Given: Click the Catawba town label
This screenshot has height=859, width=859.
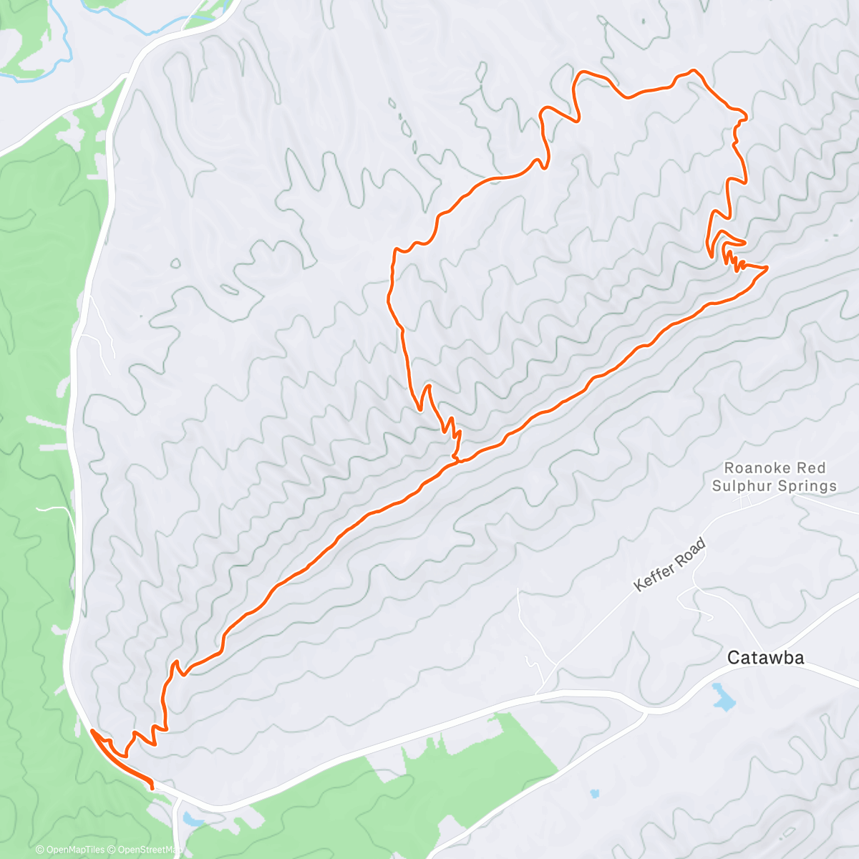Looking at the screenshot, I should point(765,657).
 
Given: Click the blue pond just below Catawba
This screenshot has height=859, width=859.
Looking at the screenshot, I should point(724,697).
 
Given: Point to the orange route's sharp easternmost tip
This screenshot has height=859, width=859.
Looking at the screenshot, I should point(767,268).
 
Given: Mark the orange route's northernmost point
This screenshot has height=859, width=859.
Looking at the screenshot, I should point(692,70).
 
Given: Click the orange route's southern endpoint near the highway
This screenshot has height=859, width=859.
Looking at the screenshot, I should point(152,788).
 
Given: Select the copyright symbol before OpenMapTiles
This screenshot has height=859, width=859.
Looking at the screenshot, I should point(40,850).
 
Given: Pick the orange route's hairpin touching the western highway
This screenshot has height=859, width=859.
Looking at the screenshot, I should point(92,731).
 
